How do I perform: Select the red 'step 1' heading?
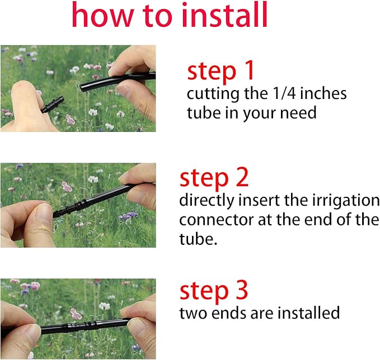pos(221,71)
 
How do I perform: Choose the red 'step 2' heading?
pos(214,178)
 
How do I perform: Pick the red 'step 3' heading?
pos(214,291)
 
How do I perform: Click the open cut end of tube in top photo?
pos(84,87)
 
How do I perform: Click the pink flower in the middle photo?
pos(67,187)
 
